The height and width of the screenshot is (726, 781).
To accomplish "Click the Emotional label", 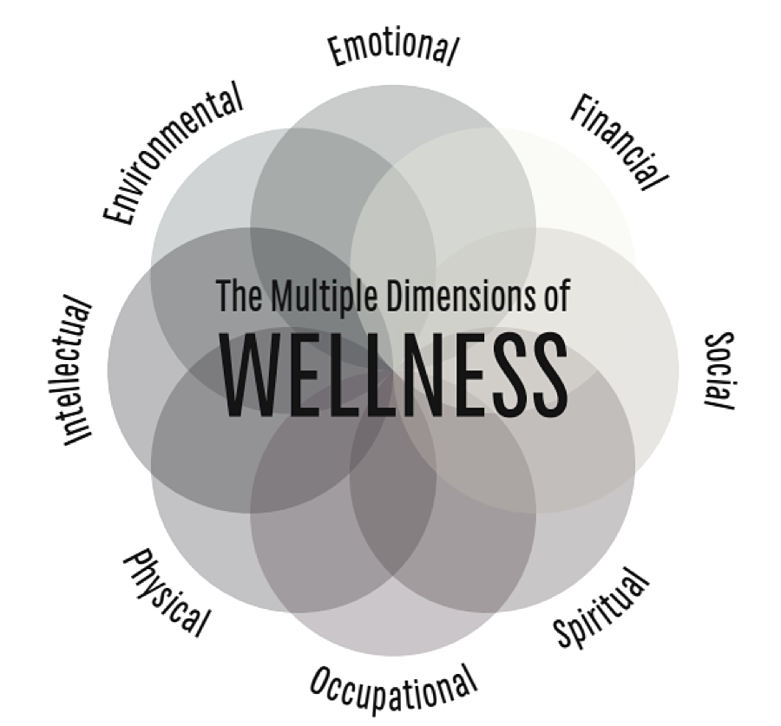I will click(392, 49).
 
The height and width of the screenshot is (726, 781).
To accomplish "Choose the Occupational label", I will click(394, 686).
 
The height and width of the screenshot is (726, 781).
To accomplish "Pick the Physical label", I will click(167, 592).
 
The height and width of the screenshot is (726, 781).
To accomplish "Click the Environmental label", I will click(173, 155).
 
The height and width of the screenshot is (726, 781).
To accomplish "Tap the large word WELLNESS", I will click(393, 375).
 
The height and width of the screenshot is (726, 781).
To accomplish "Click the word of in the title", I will click(555, 294).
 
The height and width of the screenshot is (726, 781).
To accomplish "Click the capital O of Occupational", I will click(322, 673).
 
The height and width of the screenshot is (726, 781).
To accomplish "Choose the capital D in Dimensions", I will click(391, 294).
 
